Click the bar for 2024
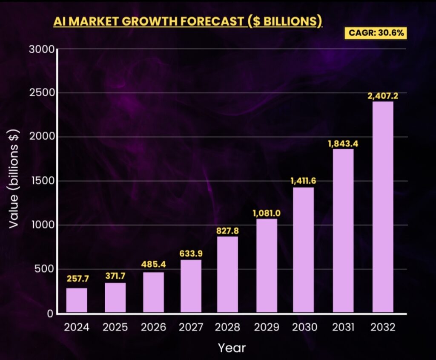(x=77, y=300)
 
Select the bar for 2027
(x=191, y=286)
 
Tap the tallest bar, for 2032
(x=383, y=207)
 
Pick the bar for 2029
(x=267, y=265)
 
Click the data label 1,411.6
(x=303, y=181)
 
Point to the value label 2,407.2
(x=383, y=96)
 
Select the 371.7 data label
(x=115, y=276)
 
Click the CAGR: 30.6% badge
(x=375, y=33)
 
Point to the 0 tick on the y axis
(x=49, y=314)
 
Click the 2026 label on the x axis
(x=153, y=327)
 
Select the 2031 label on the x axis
(x=343, y=327)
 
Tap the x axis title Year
(x=232, y=348)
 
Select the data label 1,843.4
(x=343, y=143)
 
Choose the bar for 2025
(x=115, y=297)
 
